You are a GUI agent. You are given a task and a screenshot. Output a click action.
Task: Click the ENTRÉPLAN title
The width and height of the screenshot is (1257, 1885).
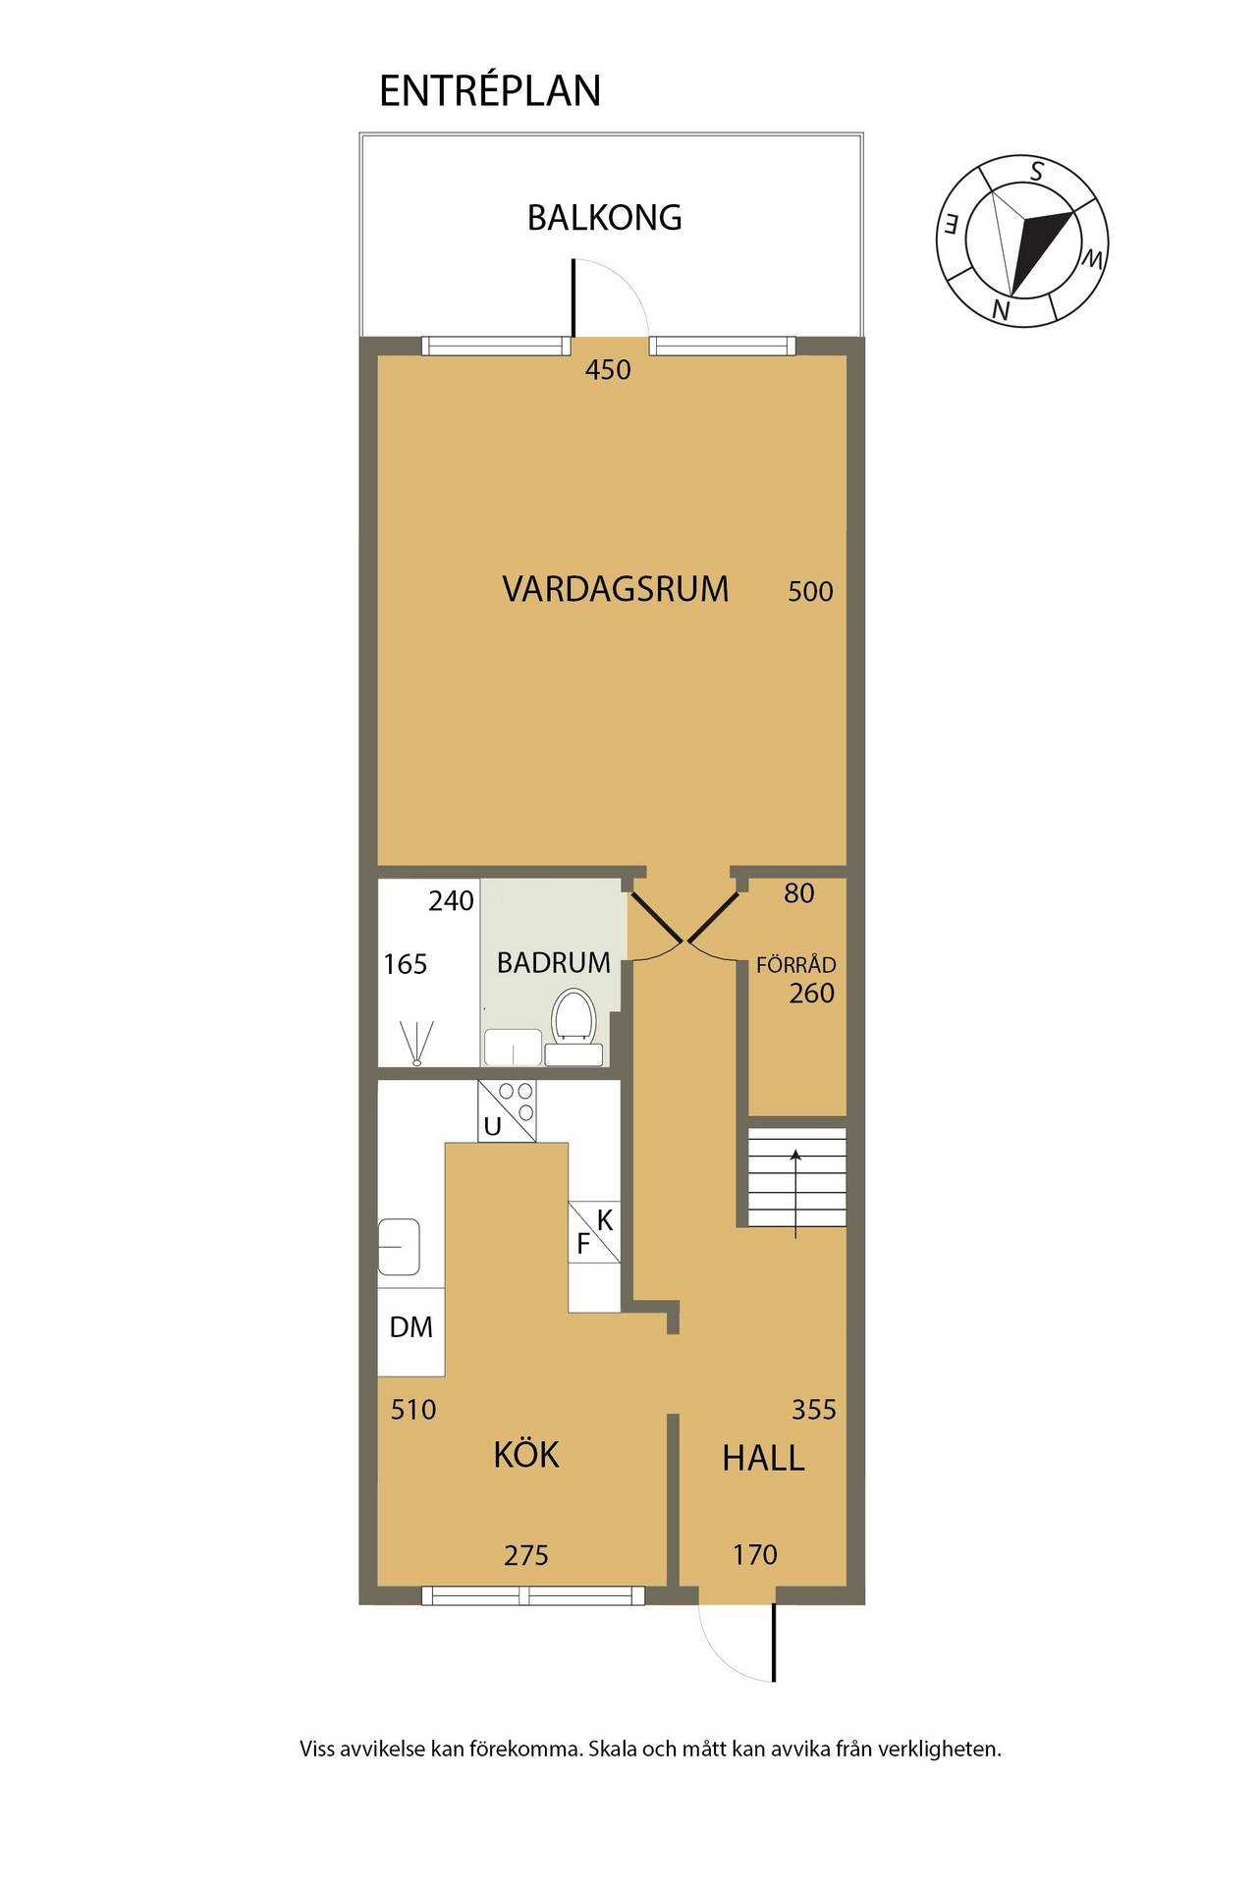490,90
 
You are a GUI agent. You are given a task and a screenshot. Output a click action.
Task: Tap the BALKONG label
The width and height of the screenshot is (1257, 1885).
604,217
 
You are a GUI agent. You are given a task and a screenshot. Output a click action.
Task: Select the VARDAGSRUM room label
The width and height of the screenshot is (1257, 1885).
616,589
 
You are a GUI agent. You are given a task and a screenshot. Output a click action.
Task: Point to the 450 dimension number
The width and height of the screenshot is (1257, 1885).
608,370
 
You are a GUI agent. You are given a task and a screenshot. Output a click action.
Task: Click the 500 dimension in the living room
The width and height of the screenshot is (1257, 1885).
810,591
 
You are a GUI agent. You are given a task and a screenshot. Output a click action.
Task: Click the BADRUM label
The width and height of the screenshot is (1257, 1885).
554,962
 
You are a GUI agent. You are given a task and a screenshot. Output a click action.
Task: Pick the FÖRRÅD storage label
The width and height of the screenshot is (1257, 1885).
796,964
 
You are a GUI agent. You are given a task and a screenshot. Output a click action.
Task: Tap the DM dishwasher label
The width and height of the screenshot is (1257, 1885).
410,1327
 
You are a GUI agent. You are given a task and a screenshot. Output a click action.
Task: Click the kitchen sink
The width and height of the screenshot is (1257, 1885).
400,1246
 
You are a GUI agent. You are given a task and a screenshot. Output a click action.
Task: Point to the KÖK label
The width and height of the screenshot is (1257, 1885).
526,1454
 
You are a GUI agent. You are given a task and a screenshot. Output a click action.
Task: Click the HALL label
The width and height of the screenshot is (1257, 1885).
763,1458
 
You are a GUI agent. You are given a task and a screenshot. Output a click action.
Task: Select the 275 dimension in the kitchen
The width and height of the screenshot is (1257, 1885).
526,1555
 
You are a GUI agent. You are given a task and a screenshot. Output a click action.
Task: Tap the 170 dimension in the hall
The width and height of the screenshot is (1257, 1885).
755,1554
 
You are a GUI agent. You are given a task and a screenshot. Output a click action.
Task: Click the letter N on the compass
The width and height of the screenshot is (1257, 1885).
1001,310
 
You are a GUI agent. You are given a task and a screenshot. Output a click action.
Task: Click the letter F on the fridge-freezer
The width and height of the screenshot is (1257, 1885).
583,1245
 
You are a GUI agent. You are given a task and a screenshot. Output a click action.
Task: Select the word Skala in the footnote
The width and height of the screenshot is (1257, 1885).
612,1749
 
